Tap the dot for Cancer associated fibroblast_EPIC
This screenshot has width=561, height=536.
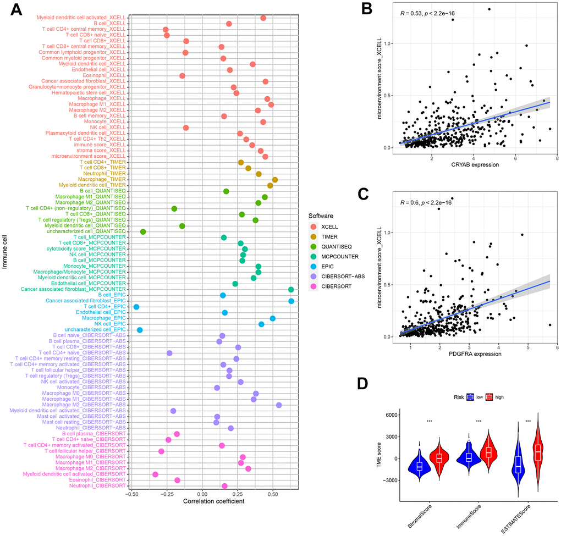click(x=291, y=301)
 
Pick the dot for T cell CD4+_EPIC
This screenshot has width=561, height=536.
click(x=136, y=307)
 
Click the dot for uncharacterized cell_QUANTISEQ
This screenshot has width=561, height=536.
click(x=143, y=232)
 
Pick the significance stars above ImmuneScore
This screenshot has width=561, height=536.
click(x=479, y=421)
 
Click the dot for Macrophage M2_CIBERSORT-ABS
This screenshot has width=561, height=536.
click(x=279, y=405)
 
